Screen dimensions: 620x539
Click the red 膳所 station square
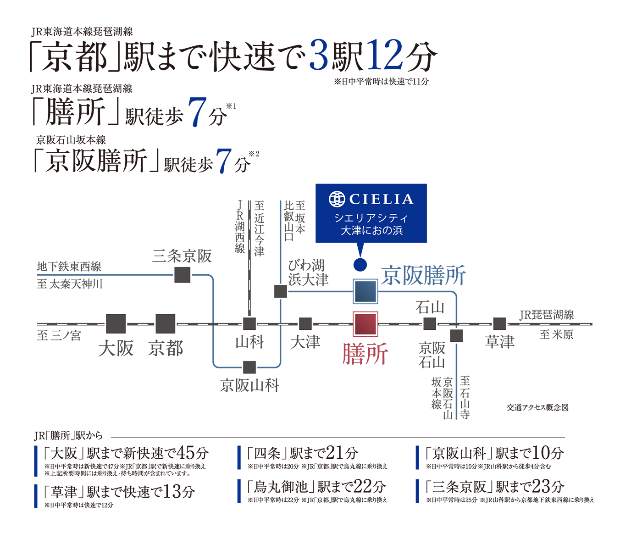click(x=365, y=324)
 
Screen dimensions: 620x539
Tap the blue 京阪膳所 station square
click(x=365, y=291)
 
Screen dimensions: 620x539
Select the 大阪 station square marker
click(x=116, y=324)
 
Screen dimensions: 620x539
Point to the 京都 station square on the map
click(x=165, y=324)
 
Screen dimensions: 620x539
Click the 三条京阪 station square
click(x=183, y=275)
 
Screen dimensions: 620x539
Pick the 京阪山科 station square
click(x=249, y=367)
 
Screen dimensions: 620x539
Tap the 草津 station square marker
click(x=499, y=324)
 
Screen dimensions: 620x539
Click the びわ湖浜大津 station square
click(x=281, y=291)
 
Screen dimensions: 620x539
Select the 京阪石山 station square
click(x=456, y=336)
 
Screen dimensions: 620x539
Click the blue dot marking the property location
click(x=360, y=265)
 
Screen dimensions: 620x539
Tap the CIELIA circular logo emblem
click(x=337, y=199)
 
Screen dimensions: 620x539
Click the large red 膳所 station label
click(x=365, y=354)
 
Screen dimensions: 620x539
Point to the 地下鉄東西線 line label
click(x=69, y=267)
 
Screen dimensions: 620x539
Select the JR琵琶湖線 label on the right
click(x=547, y=315)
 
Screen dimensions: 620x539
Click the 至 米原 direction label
click(x=556, y=335)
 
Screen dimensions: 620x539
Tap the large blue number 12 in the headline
click(x=385, y=55)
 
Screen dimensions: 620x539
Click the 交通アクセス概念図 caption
click(x=537, y=407)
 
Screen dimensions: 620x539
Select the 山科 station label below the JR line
click(x=250, y=343)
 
